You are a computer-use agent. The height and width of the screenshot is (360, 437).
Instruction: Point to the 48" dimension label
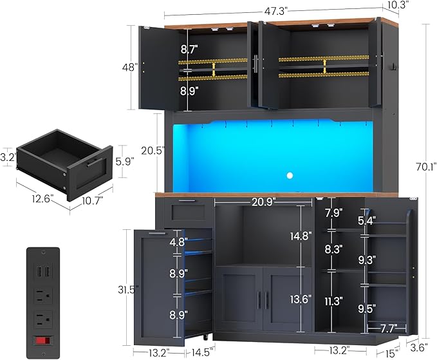[x=131, y=67]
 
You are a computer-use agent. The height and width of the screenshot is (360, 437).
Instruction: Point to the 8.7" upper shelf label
[x=189, y=49]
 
